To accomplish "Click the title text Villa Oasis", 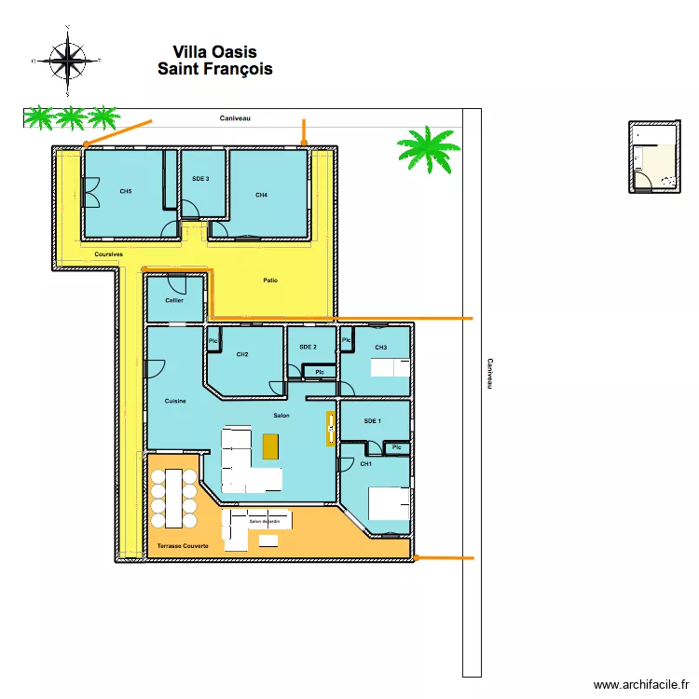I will (214, 52).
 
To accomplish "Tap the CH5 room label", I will (126, 191).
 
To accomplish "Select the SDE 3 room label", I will (200, 178).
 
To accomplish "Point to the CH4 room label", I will (262, 195).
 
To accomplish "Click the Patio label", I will (270, 280).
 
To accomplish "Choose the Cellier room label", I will (174, 300).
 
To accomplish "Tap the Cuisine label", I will (175, 401).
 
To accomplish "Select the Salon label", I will (281, 416).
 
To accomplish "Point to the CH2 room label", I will (242, 354).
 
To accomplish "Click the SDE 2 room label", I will (308, 347).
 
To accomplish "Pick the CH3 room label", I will (380, 348).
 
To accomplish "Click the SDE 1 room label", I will (372, 421).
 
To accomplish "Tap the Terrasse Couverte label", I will (183, 544).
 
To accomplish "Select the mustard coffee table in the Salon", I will (270, 445).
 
